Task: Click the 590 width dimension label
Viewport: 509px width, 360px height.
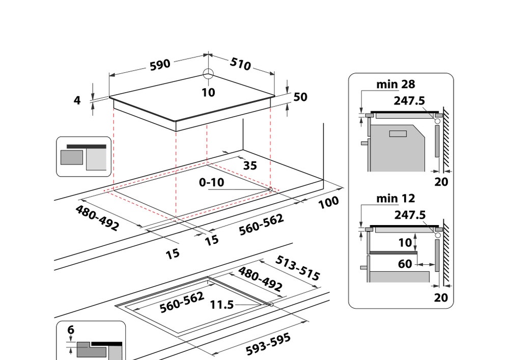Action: coord(159,65)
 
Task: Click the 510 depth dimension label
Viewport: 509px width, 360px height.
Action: coord(241,64)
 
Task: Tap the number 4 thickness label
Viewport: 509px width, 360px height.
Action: coord(77,100)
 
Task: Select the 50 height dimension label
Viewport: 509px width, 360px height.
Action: coord(300,97)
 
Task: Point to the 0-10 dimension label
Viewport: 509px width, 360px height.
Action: coord(211,182)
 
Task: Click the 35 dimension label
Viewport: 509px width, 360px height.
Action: coord(250,165)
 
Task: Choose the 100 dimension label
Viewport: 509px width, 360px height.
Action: coord(328,203)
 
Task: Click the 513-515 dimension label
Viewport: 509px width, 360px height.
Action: coord(298,268)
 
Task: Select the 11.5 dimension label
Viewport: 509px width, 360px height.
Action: coord(222,304)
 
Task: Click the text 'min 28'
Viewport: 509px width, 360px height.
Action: coord(395,84)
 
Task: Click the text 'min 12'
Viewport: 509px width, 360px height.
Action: coord(395,198)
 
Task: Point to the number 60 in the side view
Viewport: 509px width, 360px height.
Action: coord(405,264)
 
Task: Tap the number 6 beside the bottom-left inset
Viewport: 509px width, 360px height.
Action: coord(71,329)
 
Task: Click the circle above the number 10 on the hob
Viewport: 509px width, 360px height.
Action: coord(208,74)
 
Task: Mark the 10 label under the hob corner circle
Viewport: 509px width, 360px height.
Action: coord(208,92)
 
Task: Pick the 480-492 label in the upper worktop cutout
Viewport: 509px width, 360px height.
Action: coord(97,218)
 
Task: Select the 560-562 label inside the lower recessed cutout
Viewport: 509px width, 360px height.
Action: coord(182,302)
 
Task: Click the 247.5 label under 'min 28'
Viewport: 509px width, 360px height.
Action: coord(409,101)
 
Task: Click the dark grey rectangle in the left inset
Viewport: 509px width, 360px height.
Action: coord(71,157)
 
